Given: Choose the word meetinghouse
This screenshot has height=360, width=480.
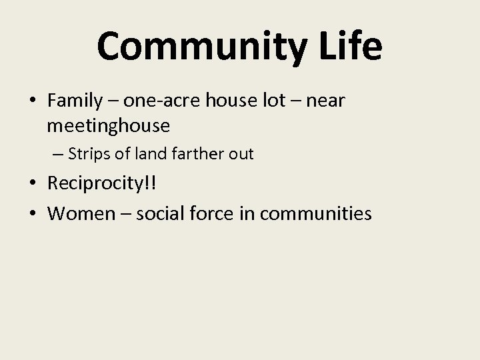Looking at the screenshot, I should coord(109,125).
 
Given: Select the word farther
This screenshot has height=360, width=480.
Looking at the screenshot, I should coord(195,154).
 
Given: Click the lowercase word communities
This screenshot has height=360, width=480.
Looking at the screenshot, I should coord(316,213).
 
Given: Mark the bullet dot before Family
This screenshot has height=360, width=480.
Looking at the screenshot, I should coord(32,101).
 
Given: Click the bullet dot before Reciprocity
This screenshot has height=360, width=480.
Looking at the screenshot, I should coord(32,183).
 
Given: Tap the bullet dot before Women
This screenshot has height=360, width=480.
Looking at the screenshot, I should coord(32,213).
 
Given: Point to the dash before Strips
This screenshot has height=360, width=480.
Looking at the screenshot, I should coord(57,155).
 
